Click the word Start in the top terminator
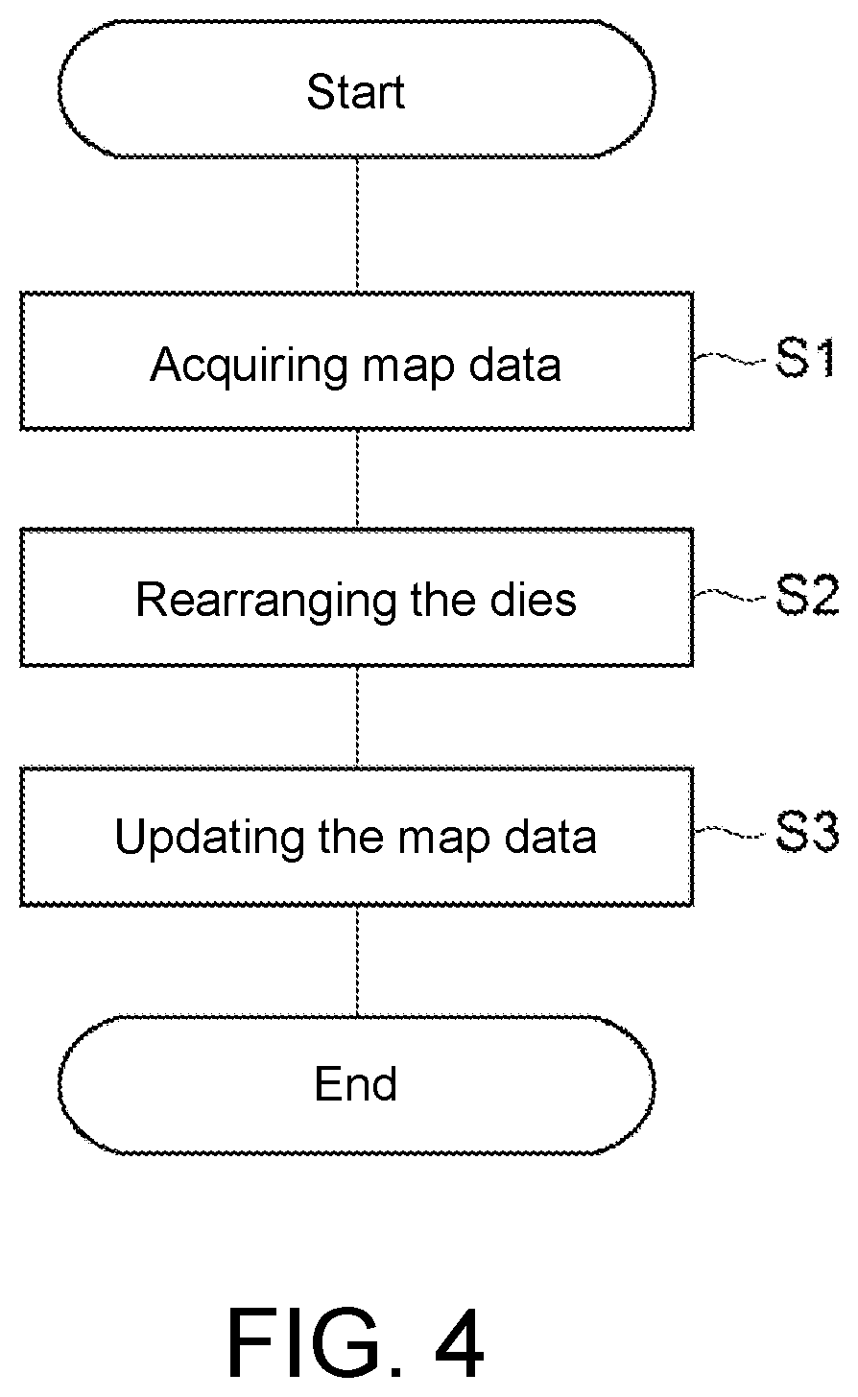coord(356,92)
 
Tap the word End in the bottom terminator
coord(356,1084)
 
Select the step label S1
coord(805,357)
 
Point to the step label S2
coord(807,596)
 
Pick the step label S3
coord(807,833)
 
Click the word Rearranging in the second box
coord(267,602)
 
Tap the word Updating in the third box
coord(209,839)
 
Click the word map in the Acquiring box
coord(408,369)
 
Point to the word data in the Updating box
coord(550,837)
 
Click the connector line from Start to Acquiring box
coord(357,225)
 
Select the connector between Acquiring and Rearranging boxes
coord(357,479)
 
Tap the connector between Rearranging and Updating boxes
coord(357,717)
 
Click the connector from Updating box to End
coord(357,961)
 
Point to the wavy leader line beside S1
coord(729,359)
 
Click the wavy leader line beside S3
coord(729,833)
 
